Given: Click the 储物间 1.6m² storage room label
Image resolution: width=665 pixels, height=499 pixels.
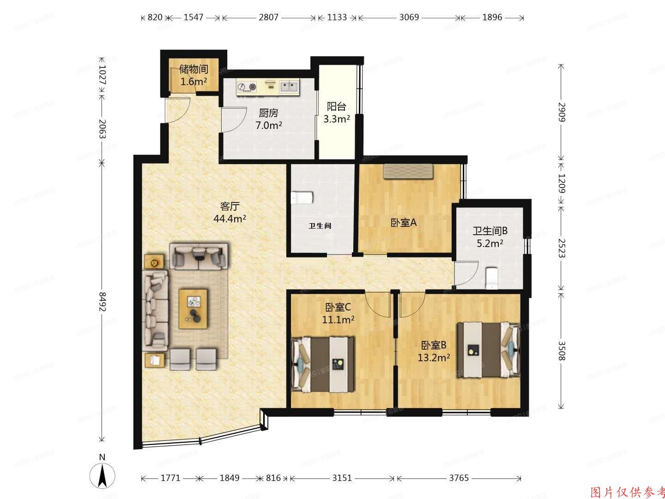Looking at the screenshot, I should coord(193,75).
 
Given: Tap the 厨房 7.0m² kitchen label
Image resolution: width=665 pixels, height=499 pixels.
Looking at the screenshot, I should coord(268,119).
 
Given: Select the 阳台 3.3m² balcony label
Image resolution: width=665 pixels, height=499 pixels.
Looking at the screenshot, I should coord(336,112).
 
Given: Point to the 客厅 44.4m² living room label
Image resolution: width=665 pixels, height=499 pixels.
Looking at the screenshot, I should coord(230,212).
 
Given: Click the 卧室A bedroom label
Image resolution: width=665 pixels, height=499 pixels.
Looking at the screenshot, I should coord(404,223).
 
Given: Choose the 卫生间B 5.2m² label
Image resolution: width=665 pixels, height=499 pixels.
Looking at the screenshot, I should coord(490,237).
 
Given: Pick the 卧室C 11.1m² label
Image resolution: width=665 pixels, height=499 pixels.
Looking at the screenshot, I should coord(338,313).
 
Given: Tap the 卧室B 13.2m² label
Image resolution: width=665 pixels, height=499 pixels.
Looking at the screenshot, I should coord(434,351).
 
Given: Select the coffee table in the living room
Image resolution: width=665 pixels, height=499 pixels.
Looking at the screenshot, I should coord(194,308).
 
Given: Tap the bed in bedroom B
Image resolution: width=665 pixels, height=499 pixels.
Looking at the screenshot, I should coord(488,350).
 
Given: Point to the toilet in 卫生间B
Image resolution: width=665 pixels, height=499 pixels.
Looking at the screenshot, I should coord(492,278).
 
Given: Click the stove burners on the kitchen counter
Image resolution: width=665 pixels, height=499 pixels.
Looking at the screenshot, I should coord(247,86).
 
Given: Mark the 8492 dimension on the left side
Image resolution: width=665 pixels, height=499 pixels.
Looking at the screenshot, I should coord(102,301).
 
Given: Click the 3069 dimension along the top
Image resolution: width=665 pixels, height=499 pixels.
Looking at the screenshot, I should coord(409,18).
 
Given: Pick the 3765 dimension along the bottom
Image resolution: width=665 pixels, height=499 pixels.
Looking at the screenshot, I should coord(459,478).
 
